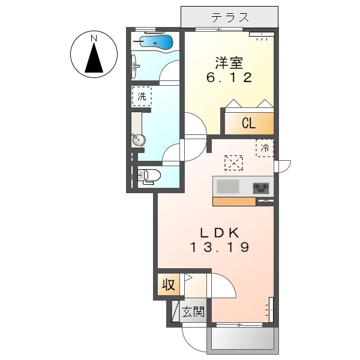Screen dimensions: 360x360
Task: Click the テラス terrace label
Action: pyautogui.click(x=230, y=17)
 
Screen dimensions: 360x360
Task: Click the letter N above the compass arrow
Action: pyautogui.click(x=94, y=39)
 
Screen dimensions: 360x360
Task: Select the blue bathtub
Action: pyautogui.click(x=155, y=41)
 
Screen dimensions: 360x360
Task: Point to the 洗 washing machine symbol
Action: pyautogui.click(x=142, y=96)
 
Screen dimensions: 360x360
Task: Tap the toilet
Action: pyautogui.click(x=148, y=176)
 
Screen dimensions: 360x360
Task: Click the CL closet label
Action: pyautogui.click(x=248, y=124)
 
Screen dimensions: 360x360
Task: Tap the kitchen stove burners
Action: pyautogui.click(x=262, y=187)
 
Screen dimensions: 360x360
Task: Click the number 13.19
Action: pyautogui.click(x=220, y=247)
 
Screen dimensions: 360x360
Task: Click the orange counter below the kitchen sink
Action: pyautogui.click(x=234, y=201)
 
